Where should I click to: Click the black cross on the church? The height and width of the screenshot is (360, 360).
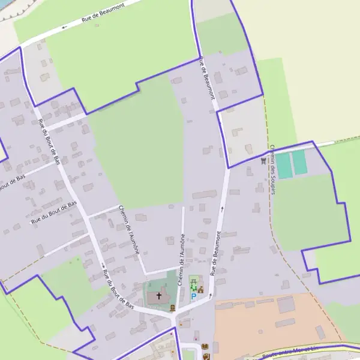click(x=160, y=296)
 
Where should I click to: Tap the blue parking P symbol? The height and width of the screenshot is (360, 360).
click(x=193, y=296)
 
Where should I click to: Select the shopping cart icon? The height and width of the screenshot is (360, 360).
click(x=264, y=160)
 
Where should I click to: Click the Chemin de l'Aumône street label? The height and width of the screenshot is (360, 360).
click(x=129, y=230)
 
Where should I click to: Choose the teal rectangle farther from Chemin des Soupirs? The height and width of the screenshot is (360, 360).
click(x=299, y=163)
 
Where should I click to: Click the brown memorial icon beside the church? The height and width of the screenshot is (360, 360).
click(x=173, y=308)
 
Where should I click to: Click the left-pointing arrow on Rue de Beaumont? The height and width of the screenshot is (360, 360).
click(x=64, y=27)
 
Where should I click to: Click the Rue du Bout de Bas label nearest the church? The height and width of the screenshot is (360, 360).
click(x=118, y=289)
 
